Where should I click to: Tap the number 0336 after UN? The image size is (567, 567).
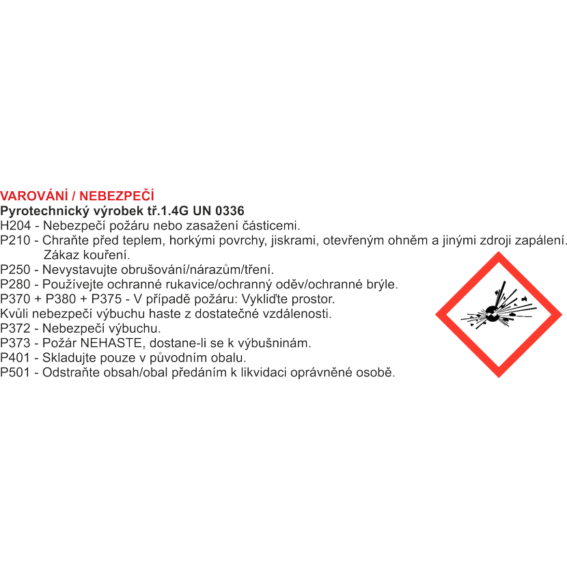(x=230, y=211)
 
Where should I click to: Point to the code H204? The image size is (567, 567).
(x=16, y=225)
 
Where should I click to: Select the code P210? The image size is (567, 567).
(x=15, y=240)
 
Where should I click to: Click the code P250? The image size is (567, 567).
(x=15, y=269)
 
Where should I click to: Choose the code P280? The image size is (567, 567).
(x=15, y=284)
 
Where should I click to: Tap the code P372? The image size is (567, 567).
(x=15, y=329)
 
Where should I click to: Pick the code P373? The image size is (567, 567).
(x=15, y=343)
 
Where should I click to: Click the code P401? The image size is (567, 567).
(x=15, y=358)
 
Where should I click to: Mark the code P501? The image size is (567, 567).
(x=15, y=372)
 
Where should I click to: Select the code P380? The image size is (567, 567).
(x=61, y=299)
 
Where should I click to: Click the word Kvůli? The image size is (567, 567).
(x=14, y=314)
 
